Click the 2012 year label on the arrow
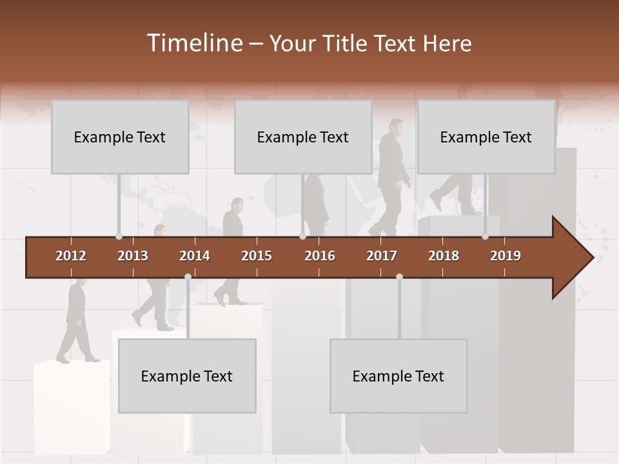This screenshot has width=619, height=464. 71,256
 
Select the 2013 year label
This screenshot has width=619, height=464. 133,256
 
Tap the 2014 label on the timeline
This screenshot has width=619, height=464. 195,256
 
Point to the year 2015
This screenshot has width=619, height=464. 257,256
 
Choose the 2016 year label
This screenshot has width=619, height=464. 320,256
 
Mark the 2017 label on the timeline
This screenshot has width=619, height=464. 382,256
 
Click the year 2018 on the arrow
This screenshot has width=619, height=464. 444,256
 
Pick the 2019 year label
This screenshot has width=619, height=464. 506,256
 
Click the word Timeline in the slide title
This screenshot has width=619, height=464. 194,43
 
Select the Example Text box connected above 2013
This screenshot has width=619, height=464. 120,137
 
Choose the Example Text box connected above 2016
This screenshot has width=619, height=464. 303,137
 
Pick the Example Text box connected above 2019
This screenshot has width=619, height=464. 486,137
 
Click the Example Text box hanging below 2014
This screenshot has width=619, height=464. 187,376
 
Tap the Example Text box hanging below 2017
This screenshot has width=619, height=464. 398,376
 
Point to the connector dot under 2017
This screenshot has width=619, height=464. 399,276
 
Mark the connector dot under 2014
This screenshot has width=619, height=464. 188,276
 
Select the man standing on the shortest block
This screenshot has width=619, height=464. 76,319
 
